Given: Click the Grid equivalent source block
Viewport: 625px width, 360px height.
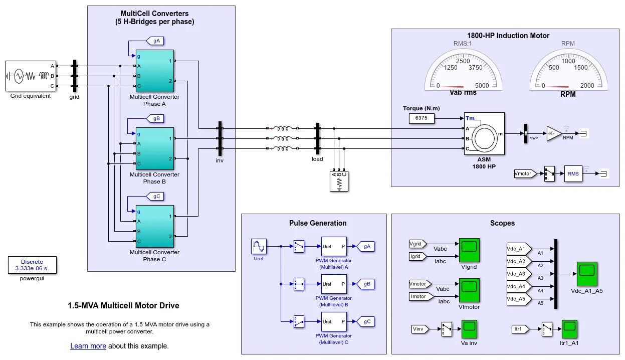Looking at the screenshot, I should coord(31,76).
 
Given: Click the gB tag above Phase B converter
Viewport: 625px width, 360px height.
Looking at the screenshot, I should coord(155,119).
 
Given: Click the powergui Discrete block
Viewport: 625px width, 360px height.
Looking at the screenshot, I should coord(32,265).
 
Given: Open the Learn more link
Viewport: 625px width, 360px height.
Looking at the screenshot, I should coord(88,346).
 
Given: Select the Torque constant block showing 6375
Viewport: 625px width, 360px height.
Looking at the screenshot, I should coord(422,119).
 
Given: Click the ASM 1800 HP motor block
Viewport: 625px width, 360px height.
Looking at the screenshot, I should coord(484,134).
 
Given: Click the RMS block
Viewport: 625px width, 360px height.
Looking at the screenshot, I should coord(573,173).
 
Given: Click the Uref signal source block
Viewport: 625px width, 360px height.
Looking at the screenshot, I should coord(259,247).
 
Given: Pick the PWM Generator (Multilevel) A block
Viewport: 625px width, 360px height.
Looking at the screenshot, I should coord(334,247).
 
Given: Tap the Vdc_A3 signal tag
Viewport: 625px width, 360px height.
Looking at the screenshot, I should coord(516,274).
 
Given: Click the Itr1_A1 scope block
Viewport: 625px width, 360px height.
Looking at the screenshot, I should coord(569,329).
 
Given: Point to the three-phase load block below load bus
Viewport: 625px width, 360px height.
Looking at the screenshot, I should coord(339,182).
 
